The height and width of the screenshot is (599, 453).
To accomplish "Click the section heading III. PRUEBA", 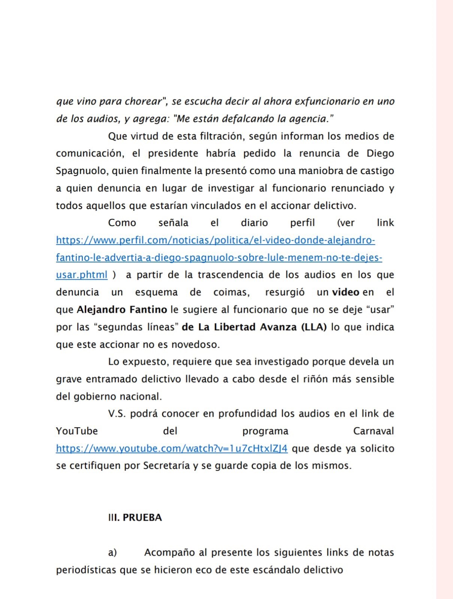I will tap(135, 517).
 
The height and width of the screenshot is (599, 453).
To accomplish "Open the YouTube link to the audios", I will tap(172, 448).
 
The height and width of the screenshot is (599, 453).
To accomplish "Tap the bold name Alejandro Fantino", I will tap(122, 310).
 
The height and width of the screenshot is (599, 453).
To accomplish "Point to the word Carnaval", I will tap(373, 431).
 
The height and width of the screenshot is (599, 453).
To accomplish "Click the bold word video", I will tap(345, 292).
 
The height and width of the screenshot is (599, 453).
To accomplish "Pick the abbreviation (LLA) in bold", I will tap(314, 327).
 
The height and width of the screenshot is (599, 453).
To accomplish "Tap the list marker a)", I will tap(112, 553).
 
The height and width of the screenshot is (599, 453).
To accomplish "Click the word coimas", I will tap(231, 292).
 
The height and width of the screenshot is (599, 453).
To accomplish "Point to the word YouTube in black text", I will tap(77, 431).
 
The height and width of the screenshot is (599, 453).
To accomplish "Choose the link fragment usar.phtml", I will tap(82, 275).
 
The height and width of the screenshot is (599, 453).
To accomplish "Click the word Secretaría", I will tap(166, 466).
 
